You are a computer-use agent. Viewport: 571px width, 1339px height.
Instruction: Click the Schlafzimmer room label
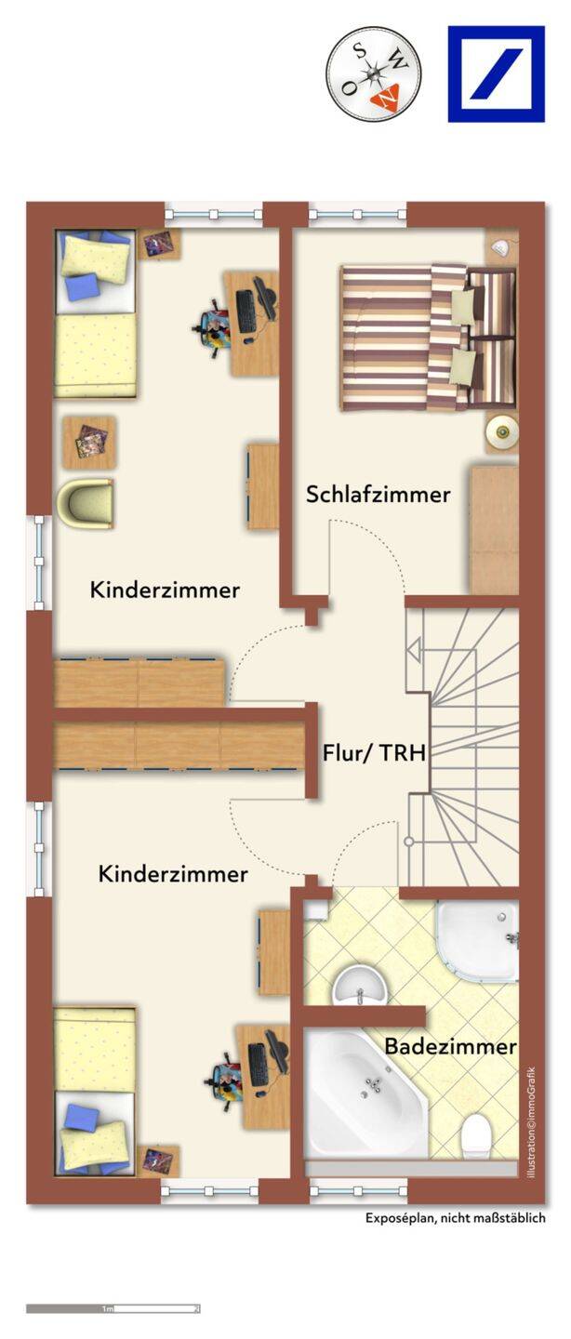[x=378, y=495]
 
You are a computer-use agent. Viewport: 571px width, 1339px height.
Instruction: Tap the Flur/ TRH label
[x=374, y=752]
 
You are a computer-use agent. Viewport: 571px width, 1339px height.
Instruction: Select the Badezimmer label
[x=450, y=1046]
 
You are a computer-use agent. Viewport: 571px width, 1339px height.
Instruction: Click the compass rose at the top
[x=373, y=74]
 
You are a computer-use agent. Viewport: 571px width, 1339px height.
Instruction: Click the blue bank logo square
[x=497, y=74]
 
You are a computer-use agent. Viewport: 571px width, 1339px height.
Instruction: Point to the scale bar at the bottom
[x=113, y=1308]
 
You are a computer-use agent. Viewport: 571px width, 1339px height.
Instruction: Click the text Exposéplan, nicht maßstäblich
[x=456, y=1218]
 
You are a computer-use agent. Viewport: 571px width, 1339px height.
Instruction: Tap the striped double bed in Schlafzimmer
[x=428, y=338]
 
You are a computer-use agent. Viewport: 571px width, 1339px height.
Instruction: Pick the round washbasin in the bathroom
[x=360, y=985]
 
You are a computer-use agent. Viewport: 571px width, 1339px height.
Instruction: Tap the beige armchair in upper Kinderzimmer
[x=86, y=503]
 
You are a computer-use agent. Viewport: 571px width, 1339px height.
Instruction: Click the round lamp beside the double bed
[x=501, y=430]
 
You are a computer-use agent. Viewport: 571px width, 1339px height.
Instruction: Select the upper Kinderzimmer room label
[x=165, y=590]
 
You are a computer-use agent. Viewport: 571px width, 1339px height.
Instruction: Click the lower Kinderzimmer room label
[x=173, y=874]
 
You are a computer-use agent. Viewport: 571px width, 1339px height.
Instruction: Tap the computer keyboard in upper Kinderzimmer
[x=246, y=312]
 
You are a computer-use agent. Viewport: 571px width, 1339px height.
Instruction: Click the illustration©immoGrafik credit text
[x=532, y=1123]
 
